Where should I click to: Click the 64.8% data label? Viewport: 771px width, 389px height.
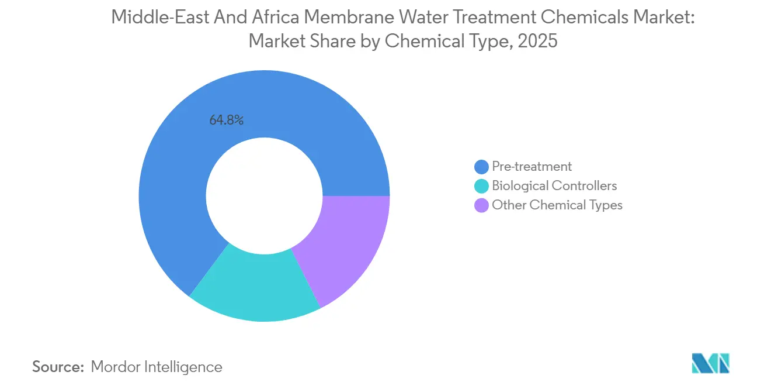226,121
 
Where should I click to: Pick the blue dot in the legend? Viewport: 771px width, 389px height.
481,167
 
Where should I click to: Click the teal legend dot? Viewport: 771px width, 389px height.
481,187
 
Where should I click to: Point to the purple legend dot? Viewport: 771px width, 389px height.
481,206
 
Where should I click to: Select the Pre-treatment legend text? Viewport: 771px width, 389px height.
532,167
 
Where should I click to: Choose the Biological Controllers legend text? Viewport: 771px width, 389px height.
554,186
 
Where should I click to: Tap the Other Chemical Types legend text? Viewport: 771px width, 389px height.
557,205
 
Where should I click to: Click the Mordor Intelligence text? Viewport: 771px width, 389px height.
157,367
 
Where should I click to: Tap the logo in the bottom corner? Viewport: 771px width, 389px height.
710,363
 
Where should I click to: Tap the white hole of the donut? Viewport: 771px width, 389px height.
264,196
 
